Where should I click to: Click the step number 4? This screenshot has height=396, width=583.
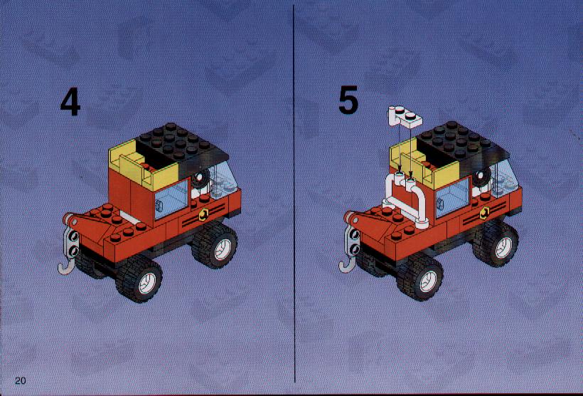70,102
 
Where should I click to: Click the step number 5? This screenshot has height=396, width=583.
348,100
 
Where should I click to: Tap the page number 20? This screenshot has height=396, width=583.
21,380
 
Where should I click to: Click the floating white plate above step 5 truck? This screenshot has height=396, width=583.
405,118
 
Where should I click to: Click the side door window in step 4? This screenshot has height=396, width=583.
171,199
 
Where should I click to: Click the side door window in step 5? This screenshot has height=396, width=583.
452,198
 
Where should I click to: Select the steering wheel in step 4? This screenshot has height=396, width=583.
201,179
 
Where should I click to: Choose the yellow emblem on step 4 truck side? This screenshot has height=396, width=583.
204,214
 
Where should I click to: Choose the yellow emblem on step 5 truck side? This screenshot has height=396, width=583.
485,213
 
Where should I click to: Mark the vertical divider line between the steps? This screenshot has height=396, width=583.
294,194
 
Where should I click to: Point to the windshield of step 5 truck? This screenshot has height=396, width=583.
504,178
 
